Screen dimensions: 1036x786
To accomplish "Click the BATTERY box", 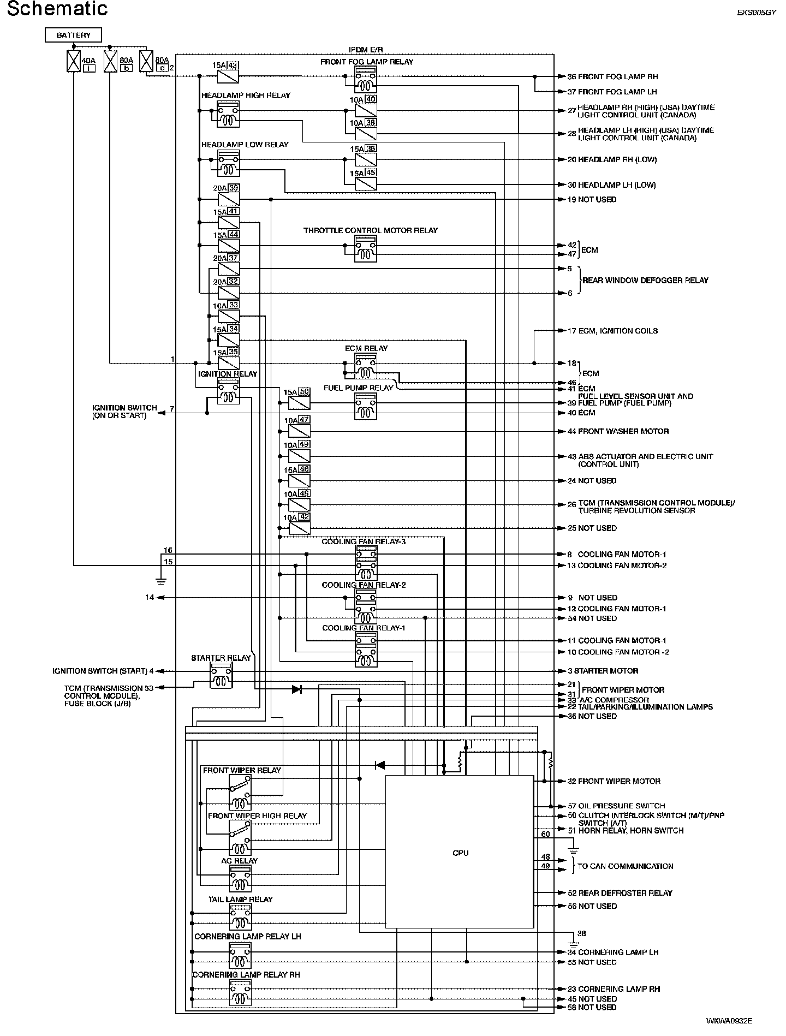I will [x=74, y=35].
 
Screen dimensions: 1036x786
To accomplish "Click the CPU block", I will [x=460, y=853].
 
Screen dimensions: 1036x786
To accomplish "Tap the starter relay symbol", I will [x=221, y=676].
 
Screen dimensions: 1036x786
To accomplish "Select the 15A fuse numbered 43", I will [x=228, y=76].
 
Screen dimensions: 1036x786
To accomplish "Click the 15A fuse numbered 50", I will [x=299, y=403].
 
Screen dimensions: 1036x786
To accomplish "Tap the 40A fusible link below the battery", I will [x=73, y=61].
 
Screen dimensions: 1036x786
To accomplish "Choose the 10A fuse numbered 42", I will [x=299, y=528].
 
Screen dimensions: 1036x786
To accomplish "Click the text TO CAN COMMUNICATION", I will [x=625, y=866].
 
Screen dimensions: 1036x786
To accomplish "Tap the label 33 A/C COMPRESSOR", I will [x=608, y=700].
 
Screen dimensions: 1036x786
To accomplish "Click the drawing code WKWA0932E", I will [x=729, y=1020].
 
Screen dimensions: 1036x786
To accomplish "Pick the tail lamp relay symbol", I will [x=240, y=916].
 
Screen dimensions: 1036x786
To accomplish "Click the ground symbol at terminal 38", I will [x=573, y=943].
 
